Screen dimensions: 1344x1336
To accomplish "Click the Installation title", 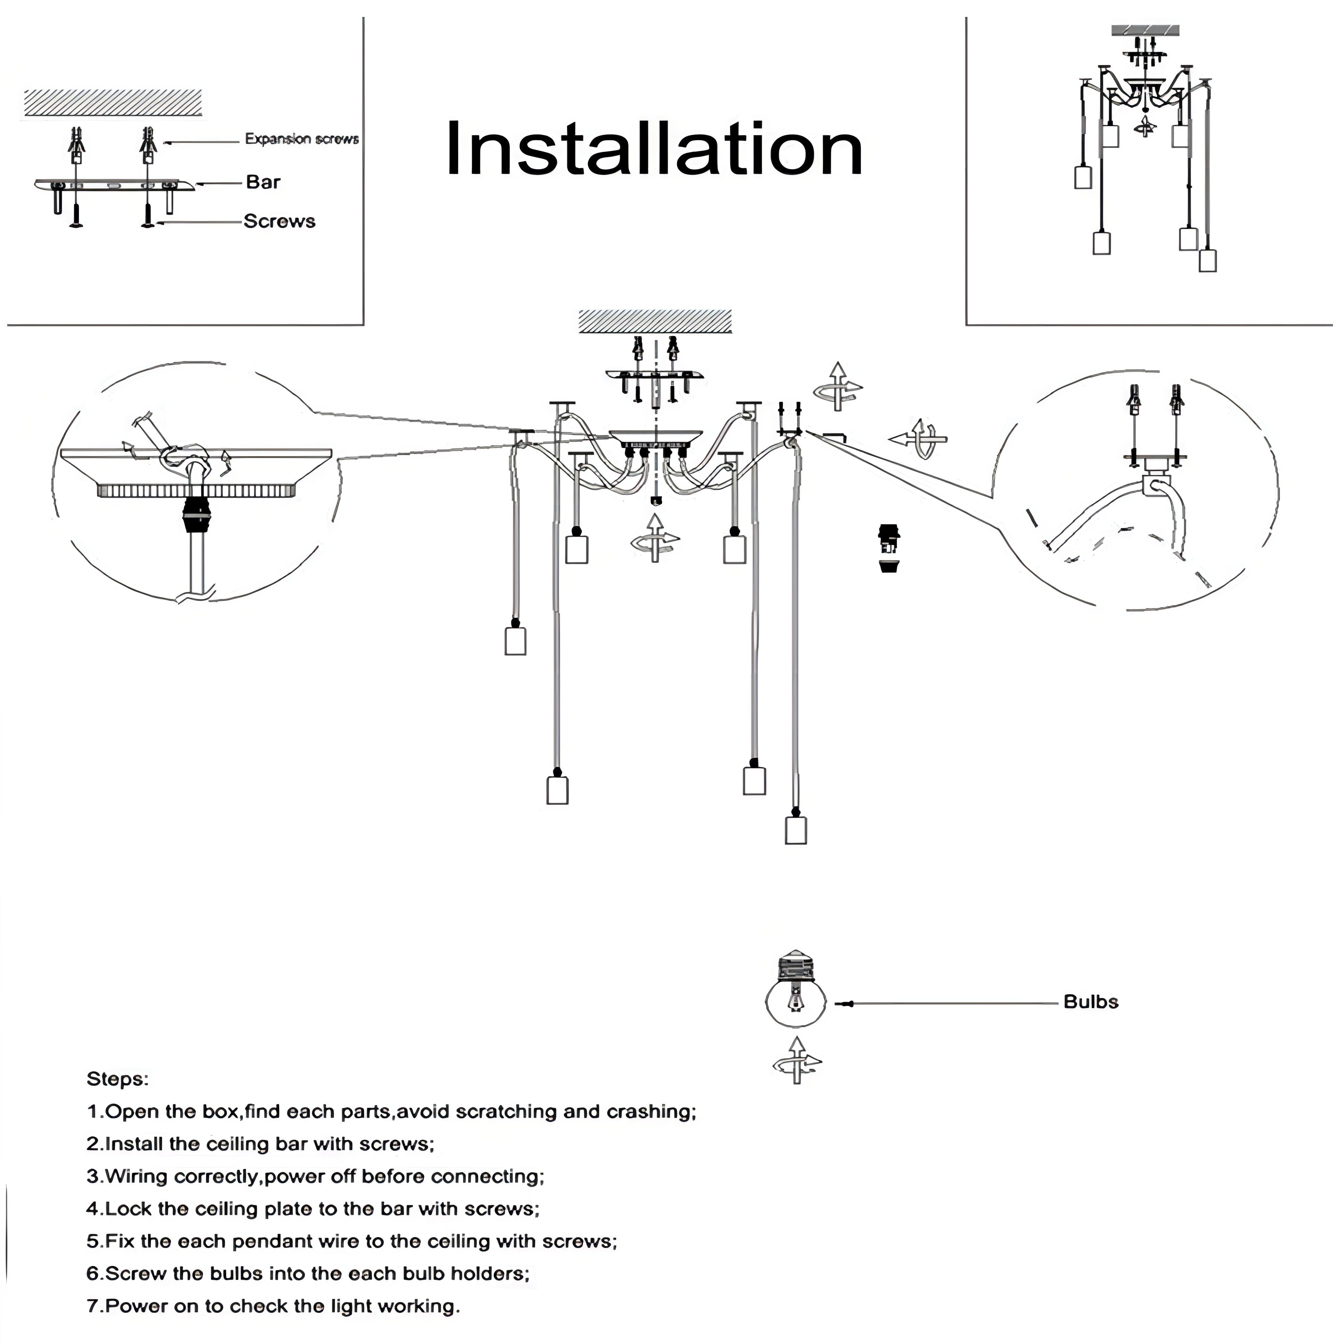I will [654, 150].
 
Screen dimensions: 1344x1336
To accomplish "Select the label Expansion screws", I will [301, 139].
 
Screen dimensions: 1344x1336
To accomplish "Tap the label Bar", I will [263, 182].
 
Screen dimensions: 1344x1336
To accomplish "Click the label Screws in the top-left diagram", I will [279, 221].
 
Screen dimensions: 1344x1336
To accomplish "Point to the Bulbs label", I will [1090, 1002].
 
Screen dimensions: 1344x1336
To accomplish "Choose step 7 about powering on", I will [273, 1306].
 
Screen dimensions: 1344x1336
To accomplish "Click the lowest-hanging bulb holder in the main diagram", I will [795, 830].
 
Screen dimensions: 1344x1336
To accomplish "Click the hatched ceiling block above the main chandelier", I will [655, 321].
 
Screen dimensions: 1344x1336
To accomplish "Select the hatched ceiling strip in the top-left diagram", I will [113, 103].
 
